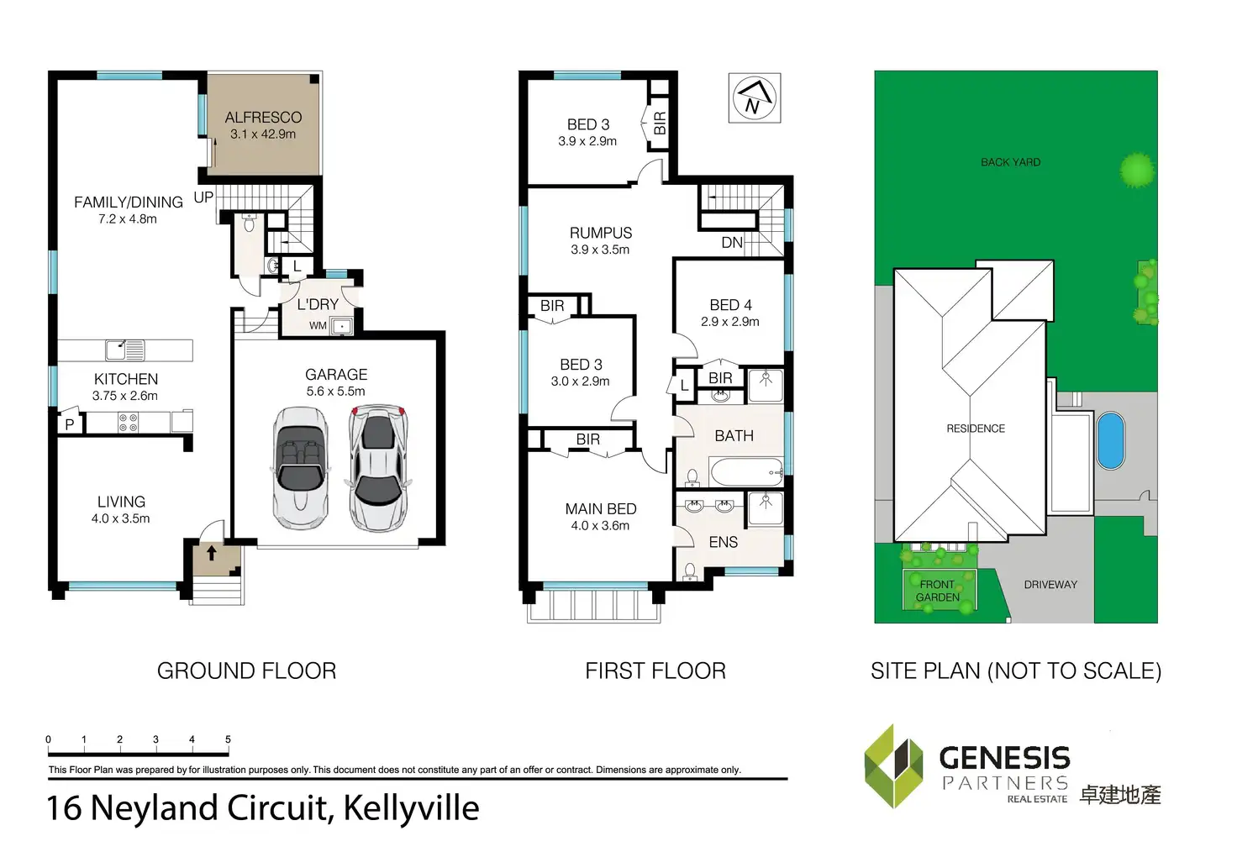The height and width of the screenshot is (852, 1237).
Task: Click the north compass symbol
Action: [753, 98]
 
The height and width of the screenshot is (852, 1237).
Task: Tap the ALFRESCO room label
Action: [263, 118]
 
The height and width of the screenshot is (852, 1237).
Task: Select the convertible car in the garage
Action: [300, 467]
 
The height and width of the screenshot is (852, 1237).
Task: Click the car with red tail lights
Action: [379, 467]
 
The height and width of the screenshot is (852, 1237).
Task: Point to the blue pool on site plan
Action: [1110, 440]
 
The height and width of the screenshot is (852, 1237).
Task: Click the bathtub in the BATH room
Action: [746, 472]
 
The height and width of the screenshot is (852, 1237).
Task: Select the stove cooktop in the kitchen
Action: [129, 422]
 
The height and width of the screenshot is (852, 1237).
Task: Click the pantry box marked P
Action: [70, 424]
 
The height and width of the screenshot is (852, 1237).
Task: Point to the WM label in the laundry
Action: [318, 325]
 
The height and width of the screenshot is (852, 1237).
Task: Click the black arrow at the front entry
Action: [212, 554]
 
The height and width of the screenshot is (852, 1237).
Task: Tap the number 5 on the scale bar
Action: [228, 739]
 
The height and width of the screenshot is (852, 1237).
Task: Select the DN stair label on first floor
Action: [732, 243]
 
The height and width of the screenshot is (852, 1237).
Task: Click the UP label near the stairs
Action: [203, 197]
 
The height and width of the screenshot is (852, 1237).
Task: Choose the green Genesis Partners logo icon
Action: [894, 765]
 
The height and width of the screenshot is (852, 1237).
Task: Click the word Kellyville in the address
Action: [411, 808]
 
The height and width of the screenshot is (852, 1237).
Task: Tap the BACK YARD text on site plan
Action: [1010, 162]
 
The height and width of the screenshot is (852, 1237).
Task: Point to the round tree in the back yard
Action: [1137, 170]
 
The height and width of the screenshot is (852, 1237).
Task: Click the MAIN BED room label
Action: [600, 509]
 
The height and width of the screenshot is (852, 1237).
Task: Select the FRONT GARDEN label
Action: [938, 591]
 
